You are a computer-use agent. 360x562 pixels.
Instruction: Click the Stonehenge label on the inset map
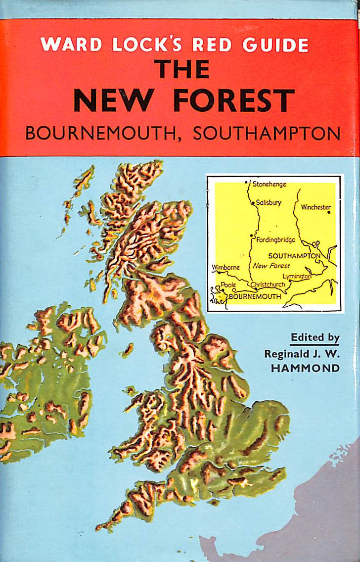tap(270, 184)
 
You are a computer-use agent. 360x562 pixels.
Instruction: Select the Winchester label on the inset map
tap(315, 207)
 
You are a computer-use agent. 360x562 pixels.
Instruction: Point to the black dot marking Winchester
tap(328, 213)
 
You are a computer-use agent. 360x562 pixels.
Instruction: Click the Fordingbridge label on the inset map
tap(276, 240)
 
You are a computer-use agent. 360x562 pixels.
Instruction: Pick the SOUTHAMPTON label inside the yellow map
tap(294, 256)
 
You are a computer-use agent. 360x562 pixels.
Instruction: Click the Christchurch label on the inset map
tap(268, 285)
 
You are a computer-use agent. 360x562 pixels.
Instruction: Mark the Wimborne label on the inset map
tap(226, 268)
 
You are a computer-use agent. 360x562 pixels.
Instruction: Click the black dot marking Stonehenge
tap(246, 183)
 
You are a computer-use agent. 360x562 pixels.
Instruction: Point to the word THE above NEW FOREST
tap(181, 70)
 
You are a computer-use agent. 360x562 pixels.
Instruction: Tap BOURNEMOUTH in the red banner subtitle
tap(104, 134)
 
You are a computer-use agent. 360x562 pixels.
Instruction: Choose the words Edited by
tap(315, 338)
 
